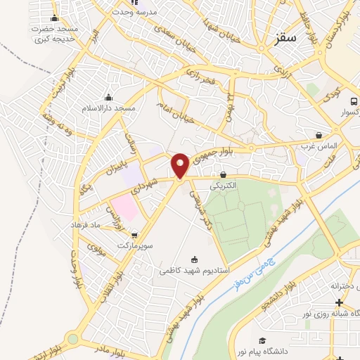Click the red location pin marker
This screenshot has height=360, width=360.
coord(180,165)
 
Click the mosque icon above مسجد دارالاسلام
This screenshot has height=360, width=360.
coord(108,98)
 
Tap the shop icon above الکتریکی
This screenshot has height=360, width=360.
coord(224,174)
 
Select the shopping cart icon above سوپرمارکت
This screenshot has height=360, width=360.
coord(134,235)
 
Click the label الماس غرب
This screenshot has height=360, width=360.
coord(320,146)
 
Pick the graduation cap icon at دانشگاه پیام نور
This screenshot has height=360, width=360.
coord(262,340)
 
